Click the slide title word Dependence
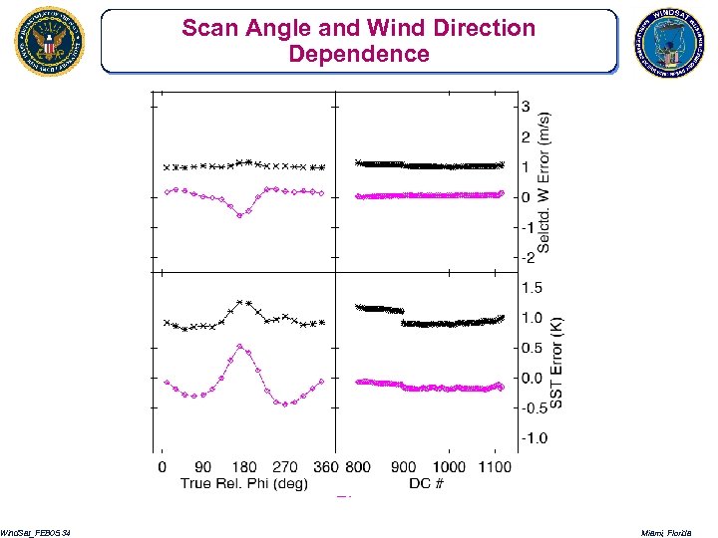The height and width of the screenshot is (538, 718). point(359,53)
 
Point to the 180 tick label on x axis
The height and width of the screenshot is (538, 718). point(243,466)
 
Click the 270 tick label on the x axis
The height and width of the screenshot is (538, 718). point(285,466)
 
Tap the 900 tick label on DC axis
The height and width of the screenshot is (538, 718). point(403,466)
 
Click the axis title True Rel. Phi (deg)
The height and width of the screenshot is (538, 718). point(243,483)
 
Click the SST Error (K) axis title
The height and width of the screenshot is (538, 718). point(557,363)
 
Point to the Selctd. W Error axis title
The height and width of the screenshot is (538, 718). point(544,181)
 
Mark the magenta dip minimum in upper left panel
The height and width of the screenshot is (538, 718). point(239,215)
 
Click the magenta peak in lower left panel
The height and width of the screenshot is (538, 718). point(240,346)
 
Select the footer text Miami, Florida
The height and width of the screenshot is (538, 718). point(677,534)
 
